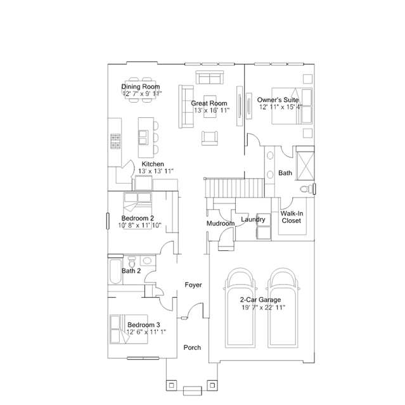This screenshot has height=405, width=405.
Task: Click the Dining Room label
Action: pyautogui.click(x=141, y=87)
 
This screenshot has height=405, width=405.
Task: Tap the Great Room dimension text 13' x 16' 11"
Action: pyautogui.click(x=212, y=110)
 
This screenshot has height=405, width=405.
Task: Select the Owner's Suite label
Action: pyautogui.click(x=278, y=100)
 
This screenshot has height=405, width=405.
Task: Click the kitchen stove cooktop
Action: pyautogui.click(x=115, y=141)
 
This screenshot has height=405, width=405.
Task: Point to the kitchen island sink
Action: pyautogui.click(x=143, y=137)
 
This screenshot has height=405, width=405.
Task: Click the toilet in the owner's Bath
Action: pyautogui.click(x=306, y=189)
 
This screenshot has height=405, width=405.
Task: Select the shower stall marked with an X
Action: pyautogui.click(x=305, y=164)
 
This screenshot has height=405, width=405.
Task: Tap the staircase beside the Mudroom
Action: pyautogui.click(x=235, y=188)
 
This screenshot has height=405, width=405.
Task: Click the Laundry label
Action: pyautogui.click(x=253, y=219)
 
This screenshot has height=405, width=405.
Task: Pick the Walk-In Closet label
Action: pyautogui.click(x=292, y=217)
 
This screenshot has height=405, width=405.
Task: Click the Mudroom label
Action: pyautogui.click(x=221, y=224)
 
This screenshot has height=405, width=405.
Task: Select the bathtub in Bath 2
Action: pyautogui.click(x=115, y=271)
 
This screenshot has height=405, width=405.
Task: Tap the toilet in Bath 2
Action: pyautogui.click(x=132, y=262)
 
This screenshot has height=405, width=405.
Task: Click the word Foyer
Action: pyautogui.click(x=193, y=285)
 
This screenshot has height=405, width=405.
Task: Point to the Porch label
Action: pyautogui.click(x=192, y=348)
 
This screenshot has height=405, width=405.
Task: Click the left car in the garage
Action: pyautogui.click(x=240, y=308)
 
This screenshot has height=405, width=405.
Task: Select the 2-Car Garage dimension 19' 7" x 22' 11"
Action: pyautogui.click(x=264, y=307)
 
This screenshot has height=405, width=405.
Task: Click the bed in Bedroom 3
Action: pyautogui.click(x=129, y=329)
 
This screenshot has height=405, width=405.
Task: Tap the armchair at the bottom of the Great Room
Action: pyautogui.click(x=210, y=138)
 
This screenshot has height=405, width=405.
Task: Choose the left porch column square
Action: pyautogui.click(x=171, y=385)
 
